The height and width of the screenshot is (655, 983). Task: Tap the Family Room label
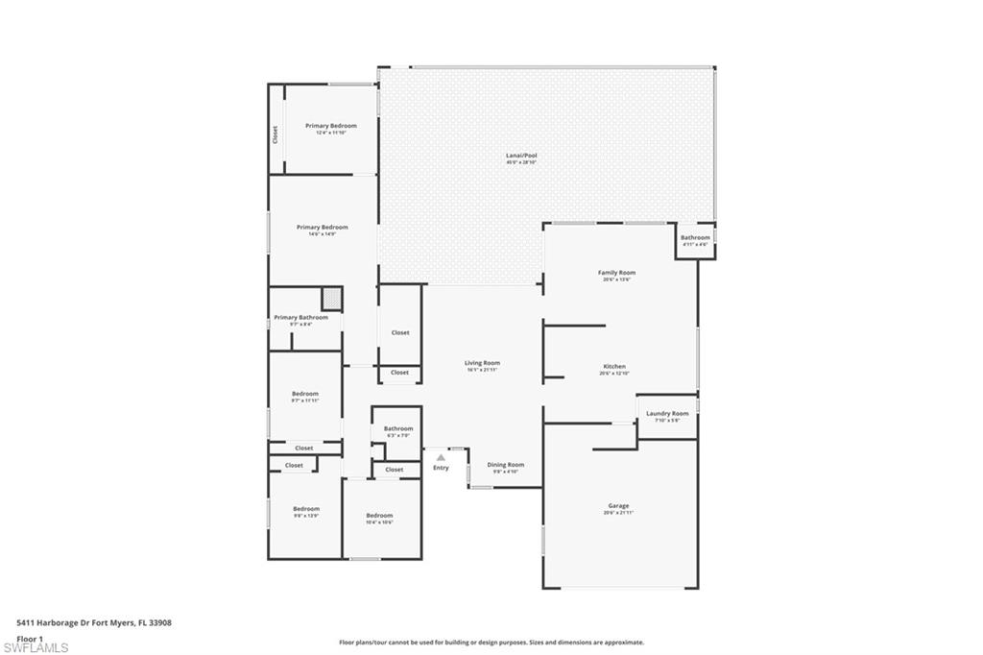point(617,273)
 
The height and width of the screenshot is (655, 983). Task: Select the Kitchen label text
point(614,367)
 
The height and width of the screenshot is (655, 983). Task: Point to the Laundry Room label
point(667,414)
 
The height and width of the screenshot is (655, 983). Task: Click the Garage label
point(618,506)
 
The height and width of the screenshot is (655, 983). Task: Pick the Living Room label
point(482,363)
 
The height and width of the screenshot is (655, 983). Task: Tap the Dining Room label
point(506,465)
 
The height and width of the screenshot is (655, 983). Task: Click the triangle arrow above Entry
point(441,457)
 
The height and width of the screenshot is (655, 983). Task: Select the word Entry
point(441,468)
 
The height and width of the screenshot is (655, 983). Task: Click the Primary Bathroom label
point(300,318)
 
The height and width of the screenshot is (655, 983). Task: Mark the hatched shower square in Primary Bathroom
point(331,297)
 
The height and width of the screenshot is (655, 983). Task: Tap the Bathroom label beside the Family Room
point(695,238)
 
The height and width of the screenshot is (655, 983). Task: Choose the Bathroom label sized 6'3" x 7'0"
point(398,428)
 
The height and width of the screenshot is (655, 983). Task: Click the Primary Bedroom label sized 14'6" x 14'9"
point(322,228)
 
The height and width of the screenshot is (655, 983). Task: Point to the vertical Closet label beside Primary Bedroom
point(275,134)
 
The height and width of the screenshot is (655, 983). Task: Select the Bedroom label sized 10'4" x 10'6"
point(379,516)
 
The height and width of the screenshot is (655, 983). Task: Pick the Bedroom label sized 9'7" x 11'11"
point(305,394)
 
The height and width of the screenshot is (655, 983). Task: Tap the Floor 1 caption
point(31,638)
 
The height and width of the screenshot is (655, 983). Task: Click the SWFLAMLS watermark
point(36,647)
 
